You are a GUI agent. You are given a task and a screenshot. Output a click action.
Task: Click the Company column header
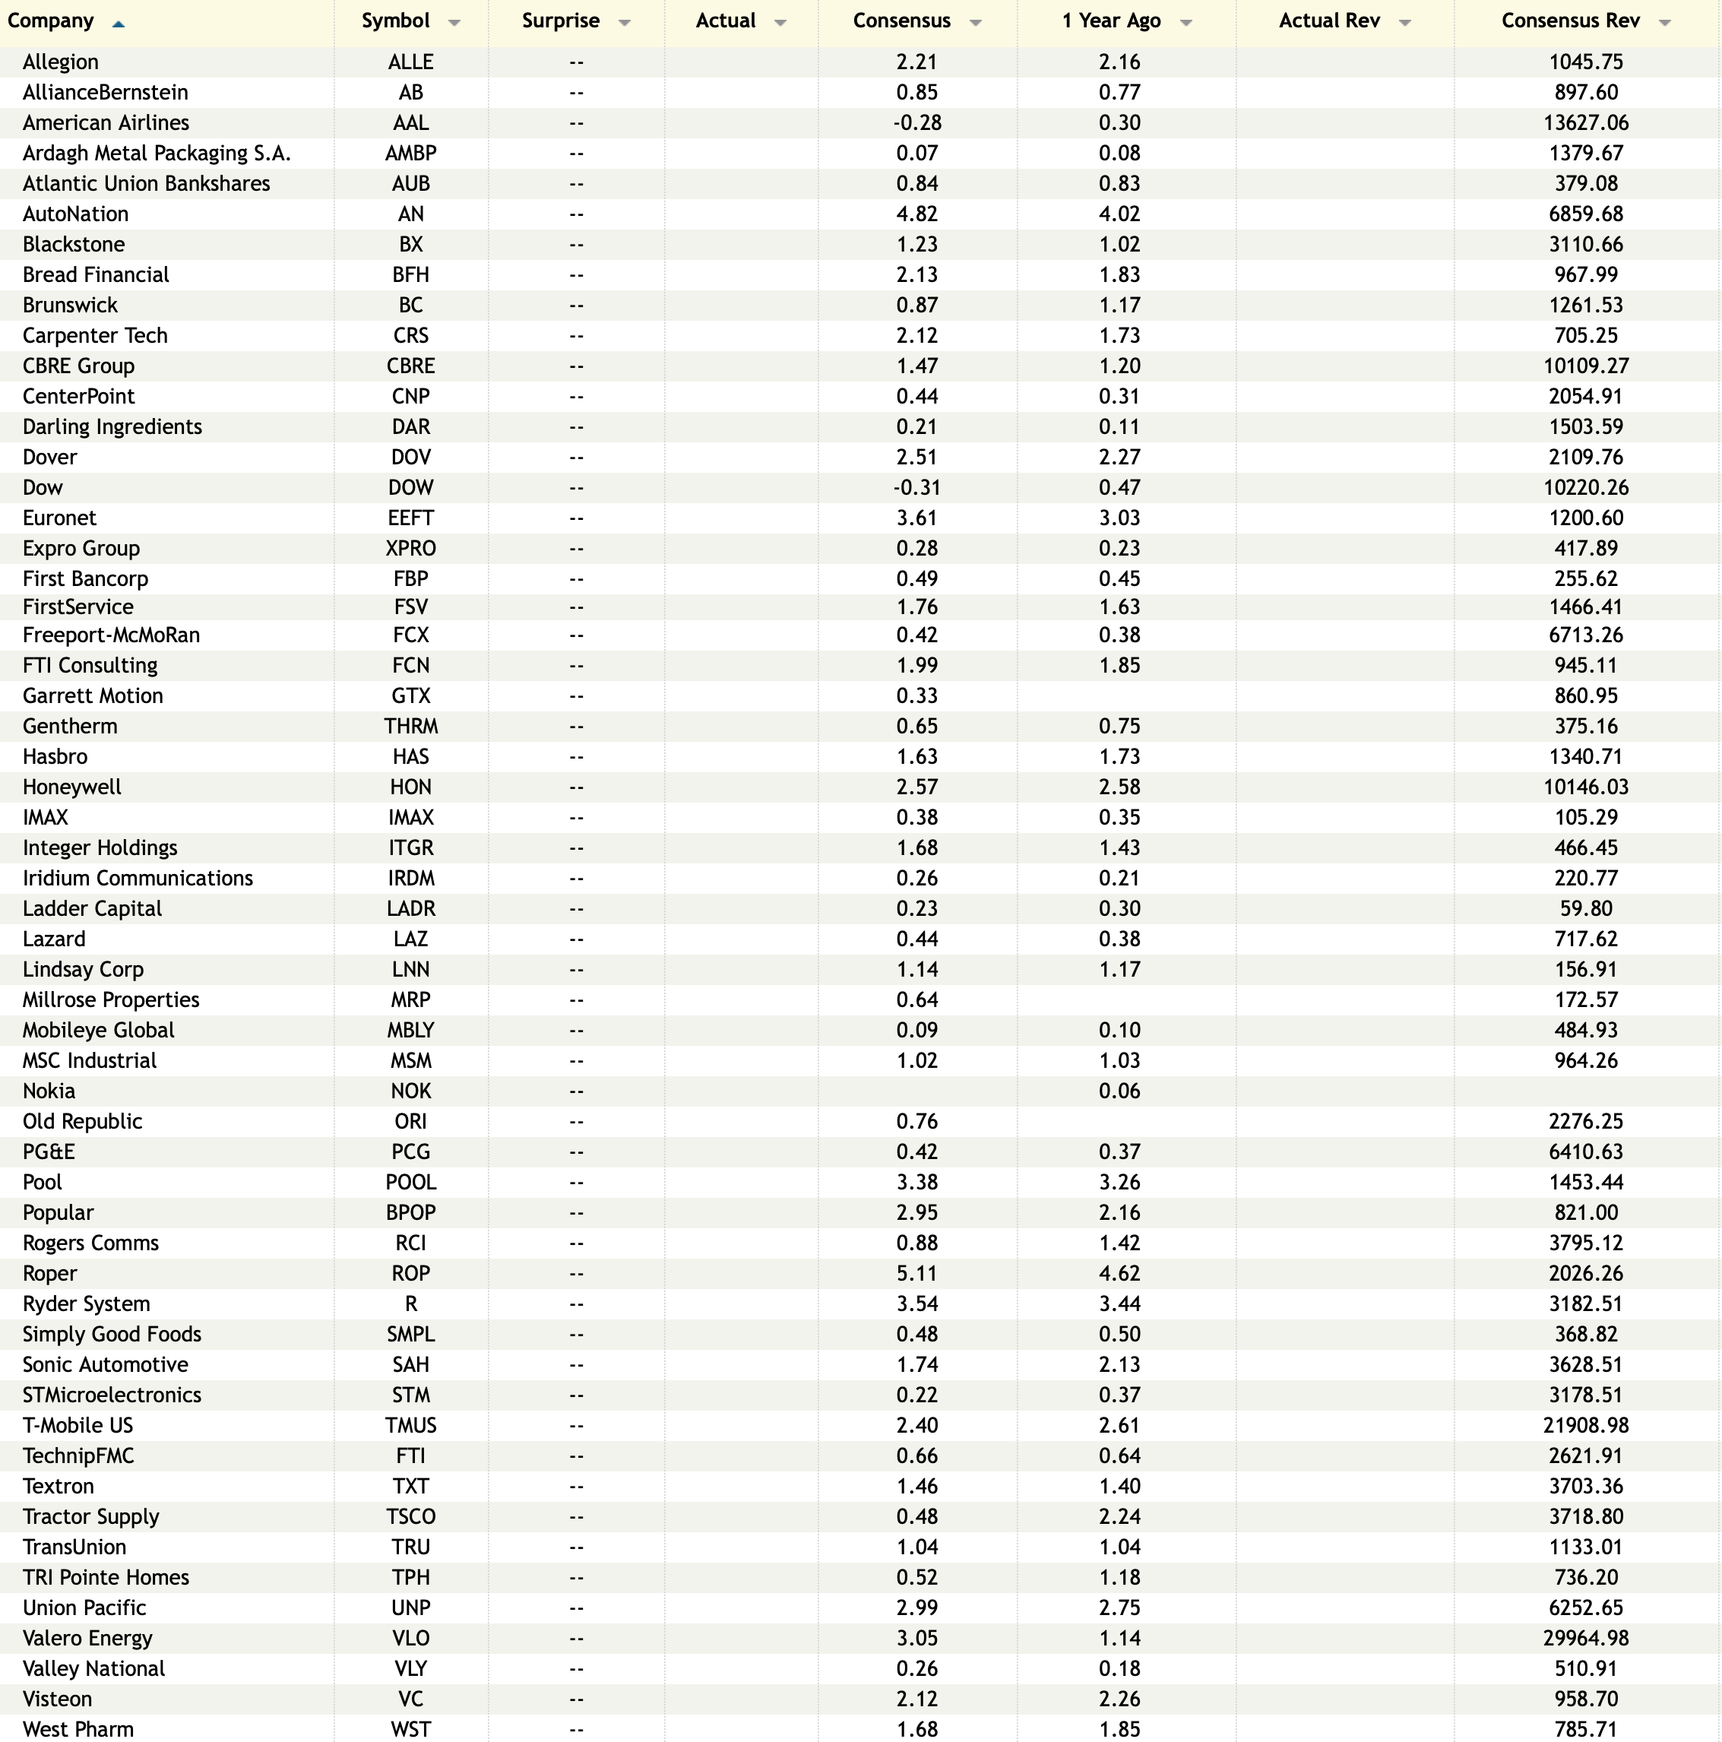[x=50, y=21]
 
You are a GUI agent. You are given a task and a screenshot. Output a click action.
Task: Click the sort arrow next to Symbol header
[x=454, y=23]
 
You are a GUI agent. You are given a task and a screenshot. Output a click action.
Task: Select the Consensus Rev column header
[x=1570, y=21]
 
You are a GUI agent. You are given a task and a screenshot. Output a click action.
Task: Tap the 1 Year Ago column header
[x=1111, y=21]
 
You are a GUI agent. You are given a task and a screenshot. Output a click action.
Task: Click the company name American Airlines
[x=106, y=122]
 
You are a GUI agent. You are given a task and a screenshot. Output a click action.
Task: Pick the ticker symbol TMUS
[x=410, y=1426]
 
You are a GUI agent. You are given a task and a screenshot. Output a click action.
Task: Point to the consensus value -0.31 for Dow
[x=917, y=488]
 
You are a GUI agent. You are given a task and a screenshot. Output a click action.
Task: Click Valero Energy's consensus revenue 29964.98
[x=1585, y=1639]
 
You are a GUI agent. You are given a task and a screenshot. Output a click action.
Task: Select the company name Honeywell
[x=71, y=787]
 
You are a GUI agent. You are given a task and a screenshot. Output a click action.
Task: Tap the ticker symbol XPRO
[x=410, y=548]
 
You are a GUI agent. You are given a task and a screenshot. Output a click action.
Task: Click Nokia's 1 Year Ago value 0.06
[x=1119, y=1091]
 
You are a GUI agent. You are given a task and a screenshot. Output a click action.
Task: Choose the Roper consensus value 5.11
[x=917, y=1273]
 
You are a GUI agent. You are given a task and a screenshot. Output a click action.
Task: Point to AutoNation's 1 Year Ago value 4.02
[x=1119, y=214]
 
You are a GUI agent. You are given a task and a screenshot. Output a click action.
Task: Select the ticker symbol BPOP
[x=410, y=1213]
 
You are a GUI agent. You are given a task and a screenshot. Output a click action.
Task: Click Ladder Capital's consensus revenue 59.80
[x=1585, y=909]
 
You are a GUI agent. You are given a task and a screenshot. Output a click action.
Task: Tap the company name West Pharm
[x=78, y=1729]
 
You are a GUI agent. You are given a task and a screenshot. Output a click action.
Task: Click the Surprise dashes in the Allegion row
[x=576, y=62]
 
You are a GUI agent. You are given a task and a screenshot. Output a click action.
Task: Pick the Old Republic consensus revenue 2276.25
[x=1585, y=1122]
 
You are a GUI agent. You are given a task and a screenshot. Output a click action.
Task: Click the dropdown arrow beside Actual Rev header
[x=1404, y=23]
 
